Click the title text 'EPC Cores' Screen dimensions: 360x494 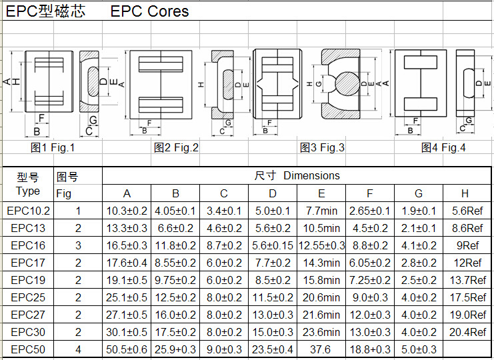pyautogui.click(x=149, y=11)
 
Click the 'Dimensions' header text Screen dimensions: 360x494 pyautogui.click(x=311, y=176)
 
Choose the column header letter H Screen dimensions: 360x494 pyautogui.click(x=465, y=194)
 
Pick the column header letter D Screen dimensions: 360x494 pyautogui.click(x=273, y=194)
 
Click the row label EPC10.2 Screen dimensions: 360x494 pyautogui.click(x=28, y=211)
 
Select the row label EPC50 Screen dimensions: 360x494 pyautogui.click(x=28, y=349)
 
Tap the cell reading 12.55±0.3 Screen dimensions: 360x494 pyautogui.click(x=321, y=245)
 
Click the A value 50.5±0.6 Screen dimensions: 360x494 pyautogui.click(x=127, y=349)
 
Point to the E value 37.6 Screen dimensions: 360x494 pyautogui.click(x=321, y=349)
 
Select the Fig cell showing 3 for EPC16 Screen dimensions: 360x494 pyautogui.click(x=78, y=245)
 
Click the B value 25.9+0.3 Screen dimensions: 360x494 pyautogui.click(x=175, y=349)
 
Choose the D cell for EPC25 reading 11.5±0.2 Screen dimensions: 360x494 pyautogui.click(x=273, y=297)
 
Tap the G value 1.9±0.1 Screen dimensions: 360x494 pyautogui.click(x=419, y=211)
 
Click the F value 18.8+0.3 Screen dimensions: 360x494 pyautogui.click(x=370, y=349)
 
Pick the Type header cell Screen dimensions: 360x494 pyautogui.click(x=28, y=185)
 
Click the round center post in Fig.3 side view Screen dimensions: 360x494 pyautogui.click(x=348, y=84)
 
